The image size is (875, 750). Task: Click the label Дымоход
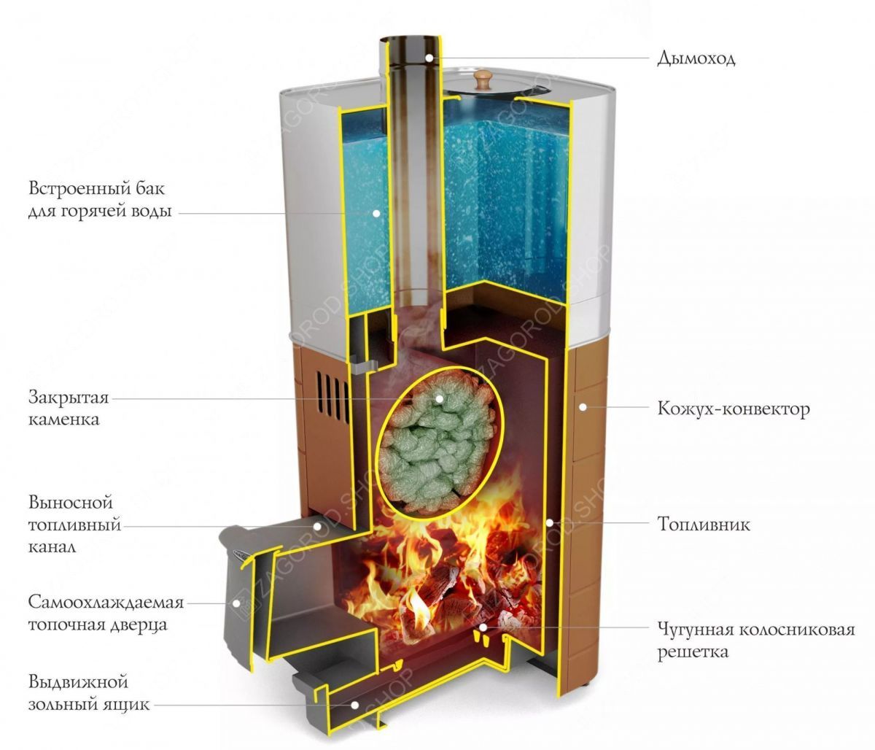tap(696, 58)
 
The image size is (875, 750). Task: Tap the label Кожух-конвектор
tap(734, 409)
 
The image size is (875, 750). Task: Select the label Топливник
tap(703, 525)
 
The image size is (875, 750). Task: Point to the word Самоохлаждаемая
tap(106, 602)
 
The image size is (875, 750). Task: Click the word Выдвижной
tap(78, 682)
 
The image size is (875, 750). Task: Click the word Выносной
tap(71, 503)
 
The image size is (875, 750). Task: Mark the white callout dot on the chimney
tap(429, 58)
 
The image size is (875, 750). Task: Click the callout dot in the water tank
tap(376, 214)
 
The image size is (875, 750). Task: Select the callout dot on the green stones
tap(440, 398)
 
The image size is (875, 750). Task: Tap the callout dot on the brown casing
tap(583, 407)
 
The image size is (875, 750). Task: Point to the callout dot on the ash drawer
tap(355, 705)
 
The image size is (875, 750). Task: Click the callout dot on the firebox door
tap(237, 603)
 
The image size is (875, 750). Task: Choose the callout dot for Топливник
tap(550, 523)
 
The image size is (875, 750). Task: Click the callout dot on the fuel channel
tap(317, 526)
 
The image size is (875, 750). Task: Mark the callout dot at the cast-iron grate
tap(483, 627)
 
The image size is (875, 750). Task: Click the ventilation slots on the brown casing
tap(332, 394)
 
